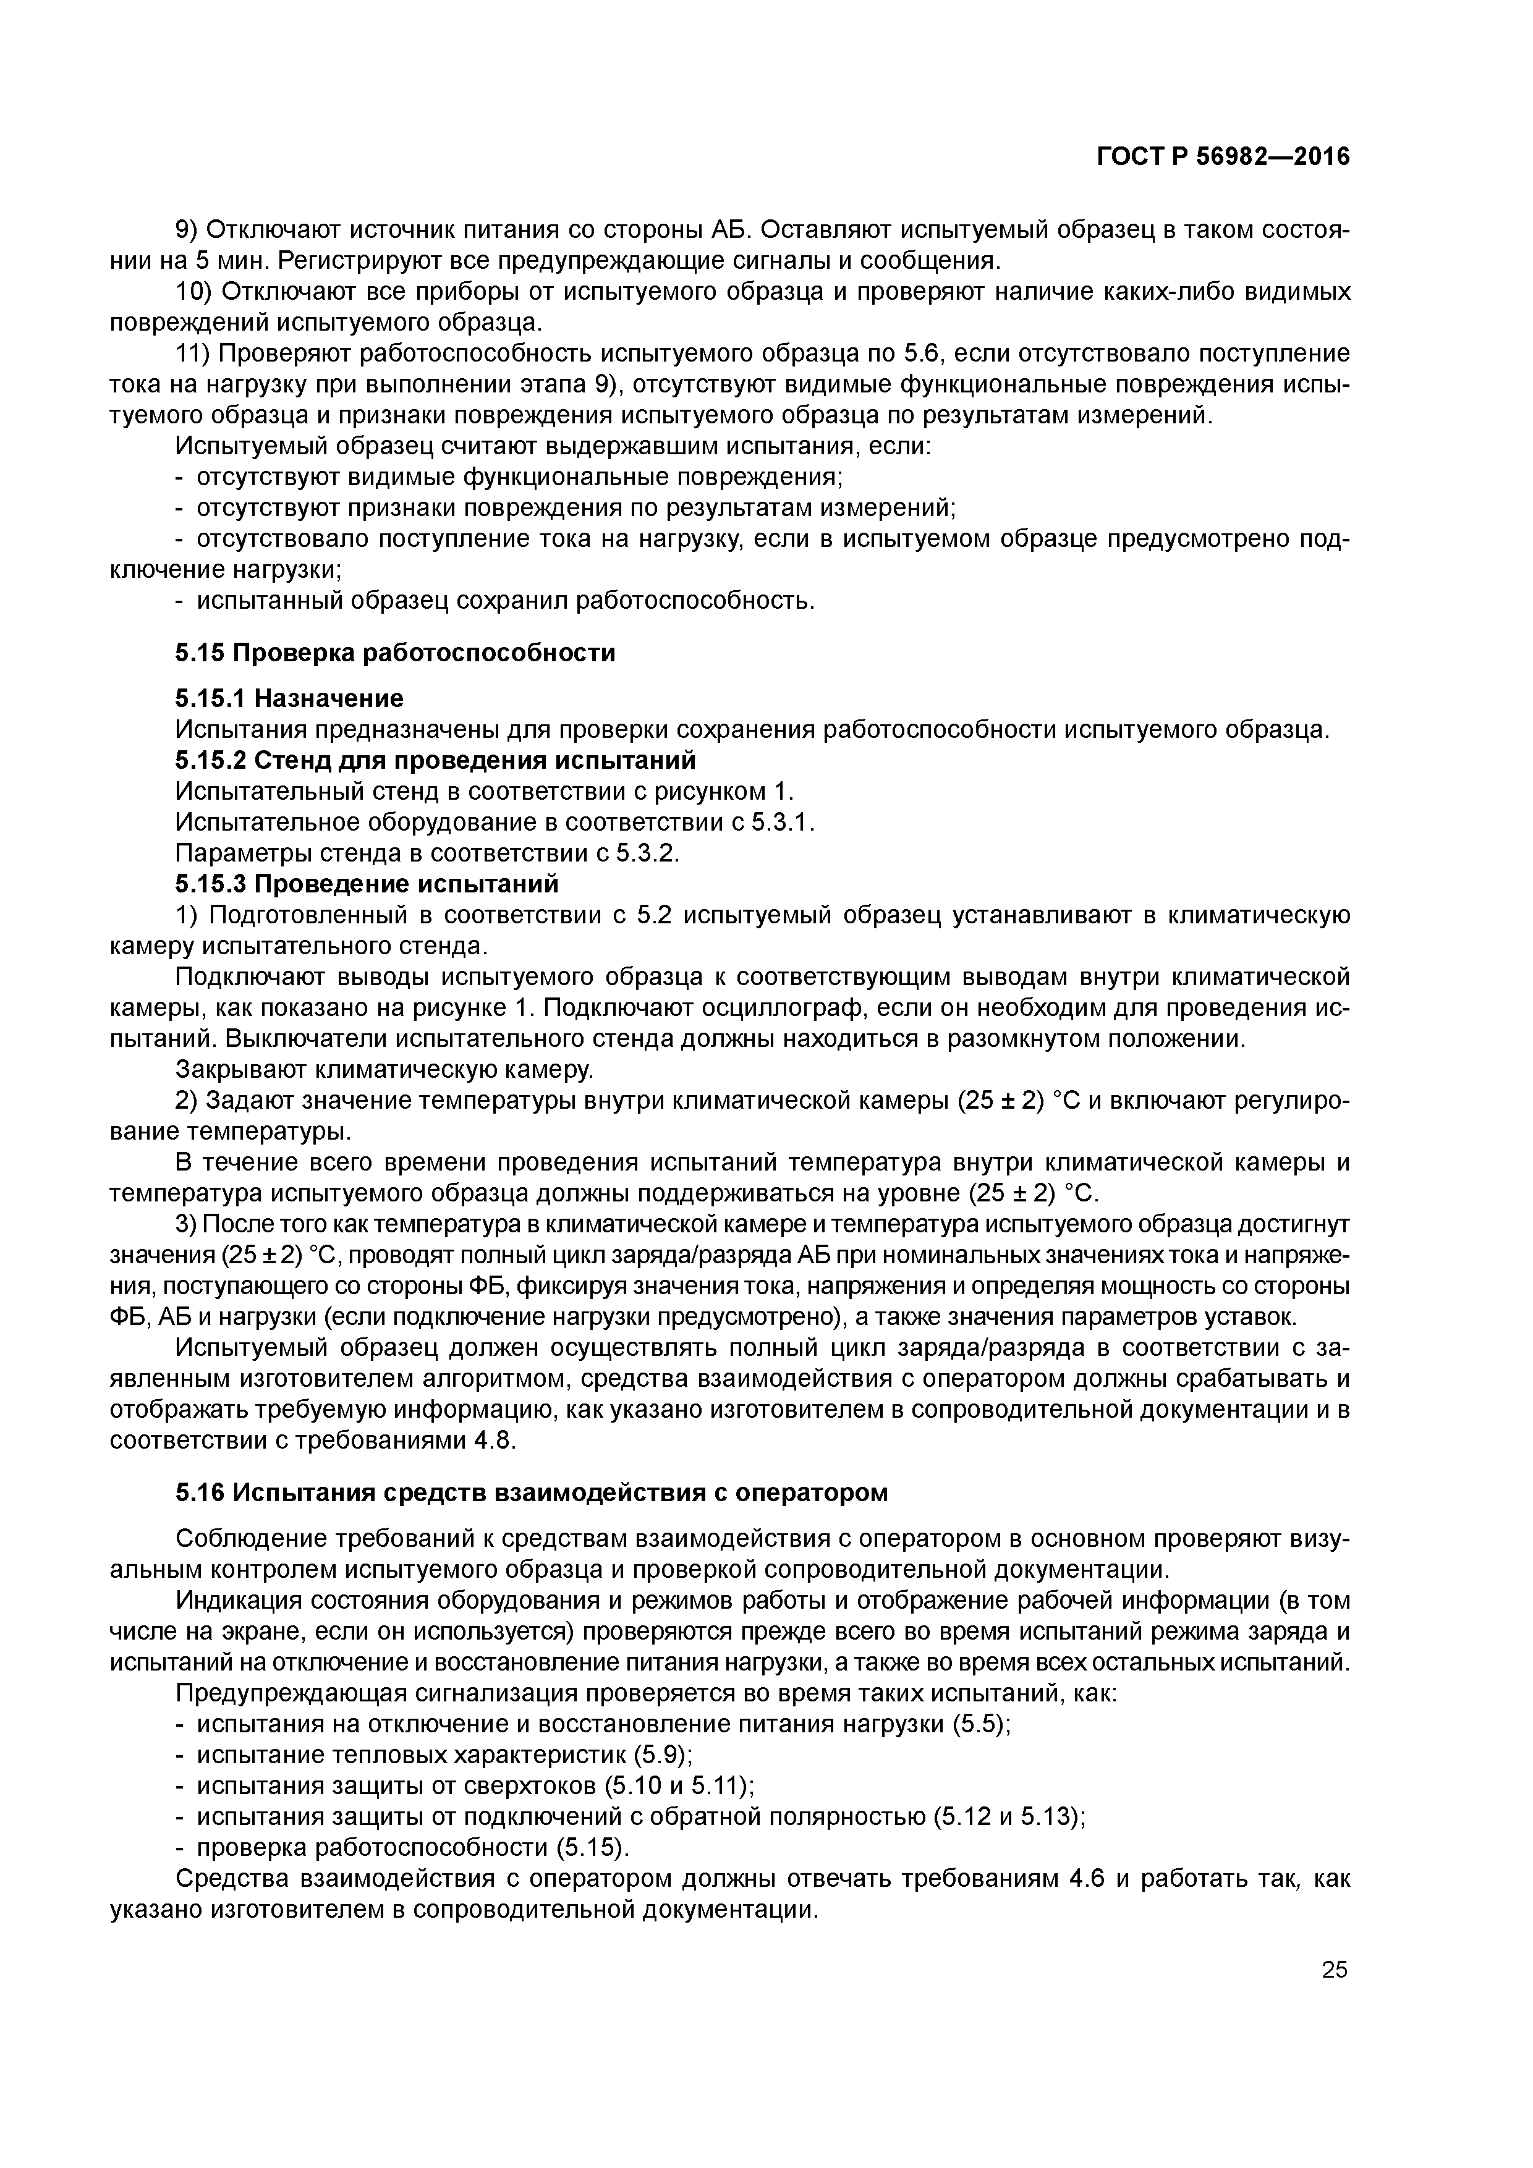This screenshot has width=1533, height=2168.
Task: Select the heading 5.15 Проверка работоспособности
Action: point(395,653)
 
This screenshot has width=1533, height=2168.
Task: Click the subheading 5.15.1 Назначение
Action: point(289,698)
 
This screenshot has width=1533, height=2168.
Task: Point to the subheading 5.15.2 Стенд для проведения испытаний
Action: point(435,760)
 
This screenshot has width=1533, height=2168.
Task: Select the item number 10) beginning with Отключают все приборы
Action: point(193,292)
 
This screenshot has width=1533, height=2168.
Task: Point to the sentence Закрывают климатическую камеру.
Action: point(384,1070)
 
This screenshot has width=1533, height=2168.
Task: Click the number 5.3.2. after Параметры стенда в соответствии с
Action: point(648,853)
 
